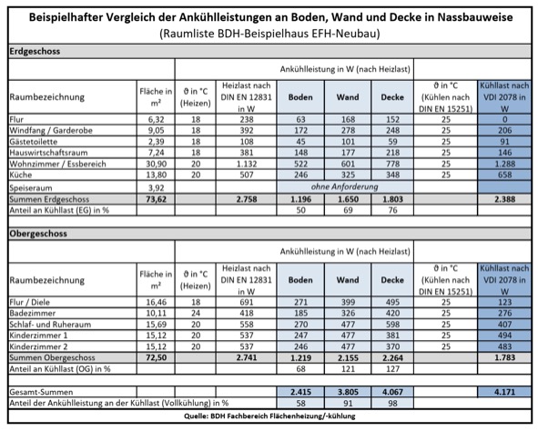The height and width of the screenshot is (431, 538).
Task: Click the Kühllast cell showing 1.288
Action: point(507,165)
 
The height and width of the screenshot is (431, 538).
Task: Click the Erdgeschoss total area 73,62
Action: point(156,199)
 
